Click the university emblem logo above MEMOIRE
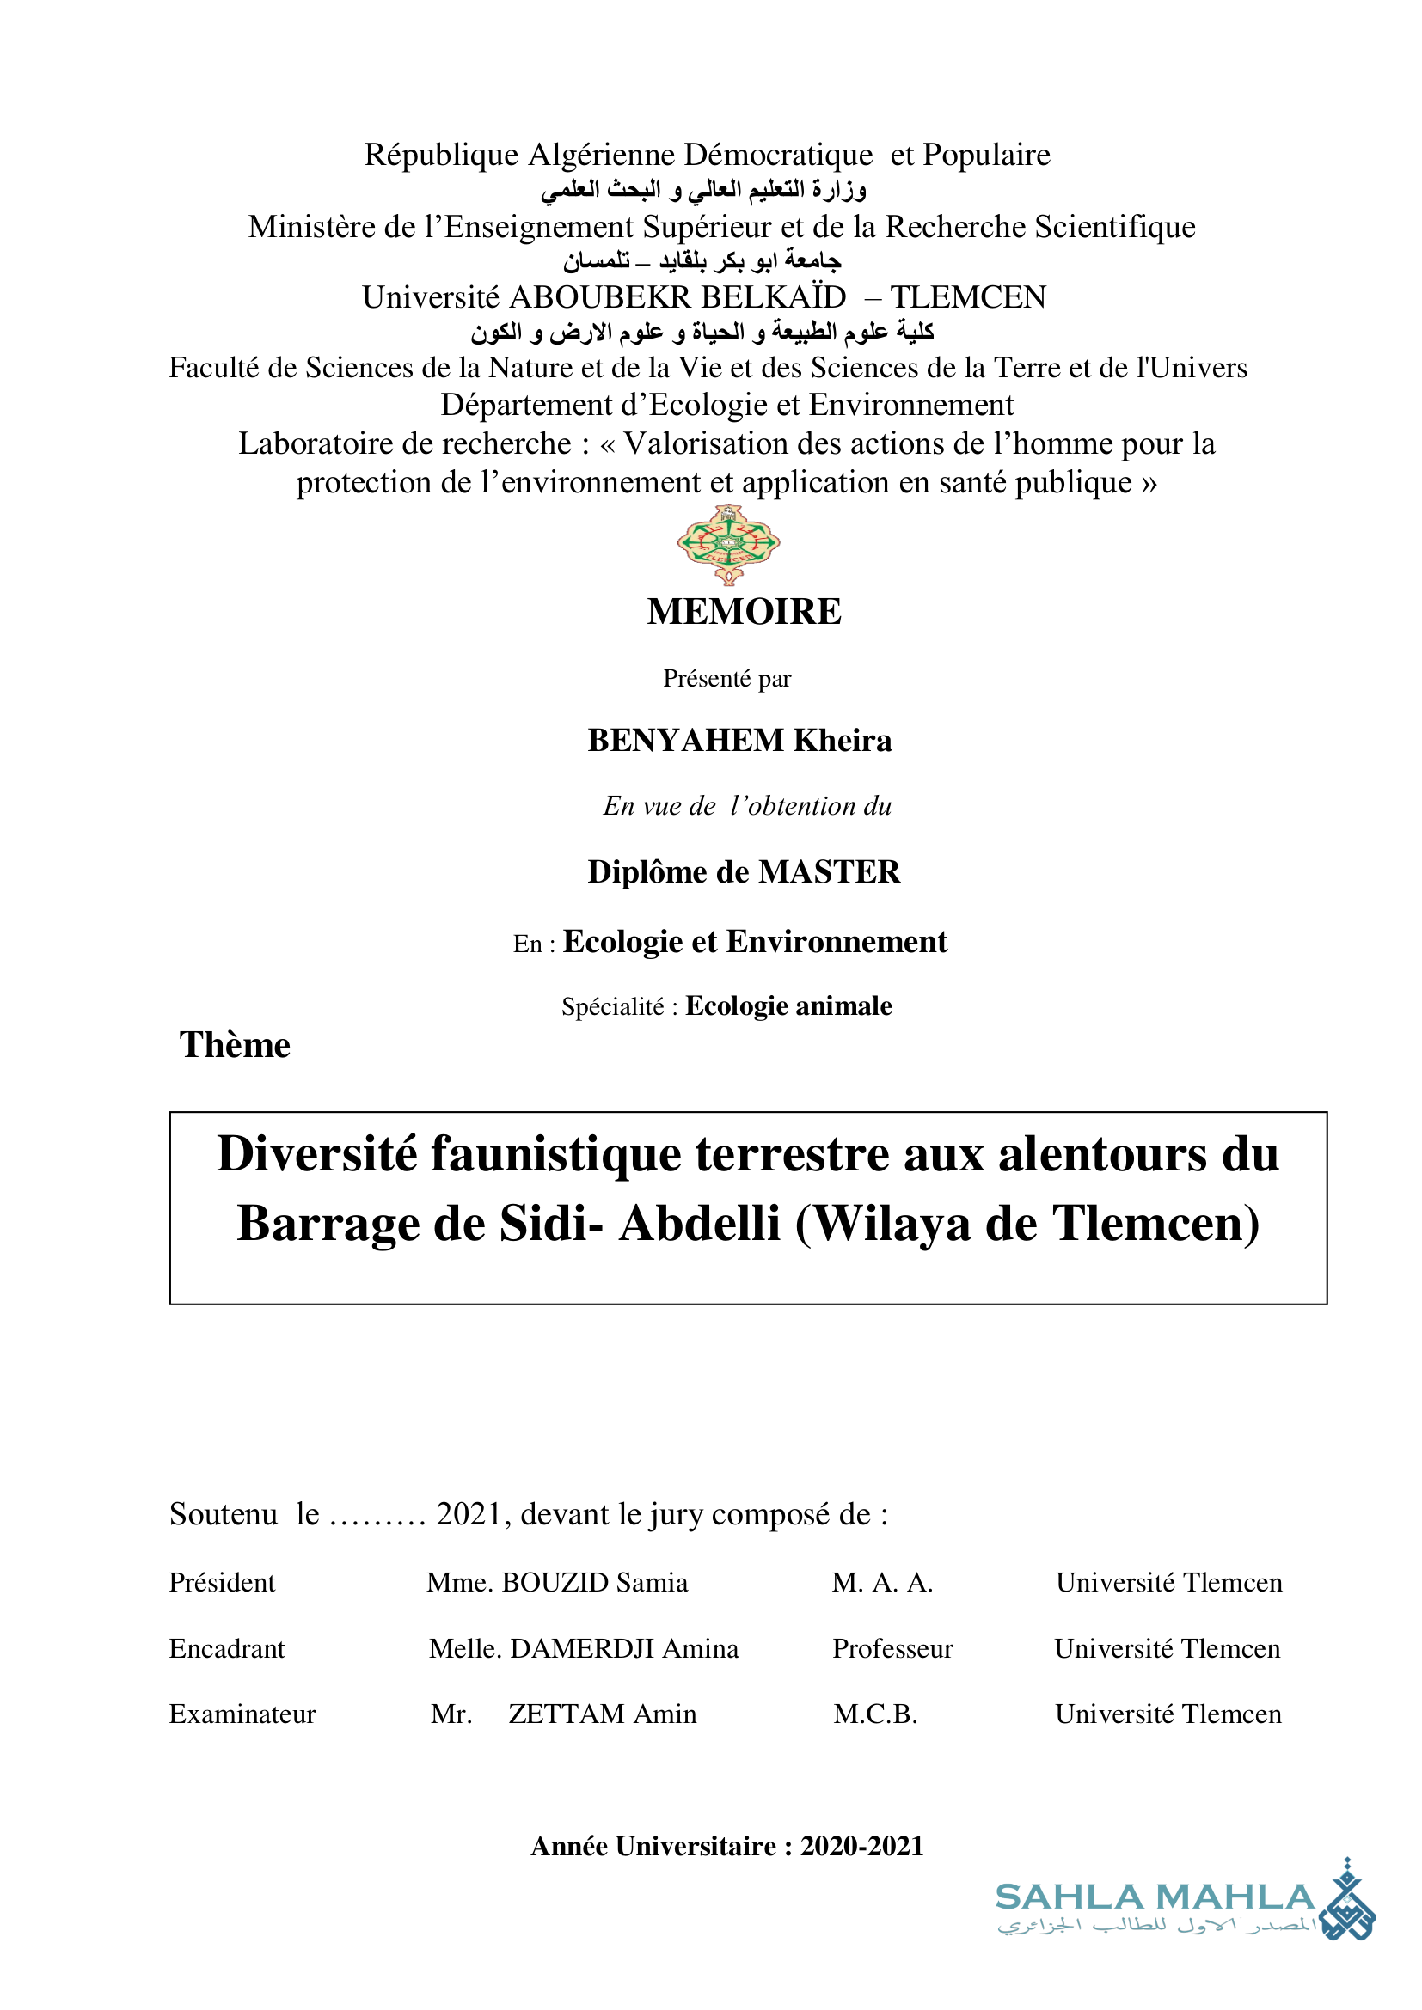point(727,545)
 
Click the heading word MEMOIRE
point(744,612)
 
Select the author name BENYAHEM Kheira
point(739,741)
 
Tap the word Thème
point(235,1045)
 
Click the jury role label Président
point(222,1583)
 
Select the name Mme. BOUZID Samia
point(557,1583)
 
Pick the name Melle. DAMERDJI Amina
point(583,1649)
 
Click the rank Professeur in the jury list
point(892,1649)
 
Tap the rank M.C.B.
point(874,1714)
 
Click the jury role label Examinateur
point(242,1714)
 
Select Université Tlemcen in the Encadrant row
point(1168,1649)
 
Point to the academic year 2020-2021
point(861,1846)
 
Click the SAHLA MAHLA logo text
point(1155,1897)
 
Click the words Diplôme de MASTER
point(744,872)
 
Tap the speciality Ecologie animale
point(788,1007)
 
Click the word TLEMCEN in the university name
point(967,297)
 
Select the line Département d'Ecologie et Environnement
point(726,406)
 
